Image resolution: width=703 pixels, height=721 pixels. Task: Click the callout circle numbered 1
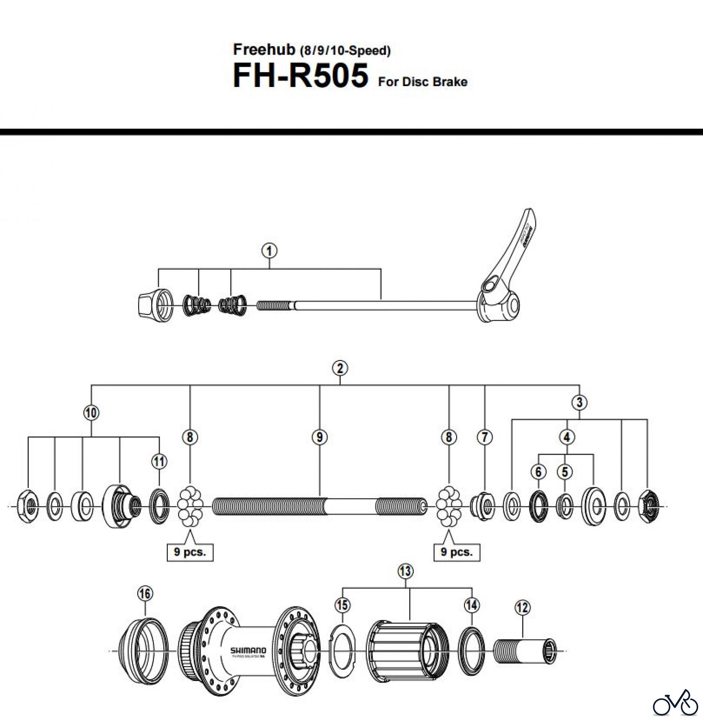[x=269, y=251]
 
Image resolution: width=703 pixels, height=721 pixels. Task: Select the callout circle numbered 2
[x=340, y=368]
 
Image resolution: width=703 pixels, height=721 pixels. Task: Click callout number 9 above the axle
[x=319, y=437]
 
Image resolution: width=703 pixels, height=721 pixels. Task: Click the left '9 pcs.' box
[x=190, y=552]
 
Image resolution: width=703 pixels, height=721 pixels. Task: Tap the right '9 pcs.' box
[x=457, y=552]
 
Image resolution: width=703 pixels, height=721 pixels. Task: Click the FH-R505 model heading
[x=300, y=76]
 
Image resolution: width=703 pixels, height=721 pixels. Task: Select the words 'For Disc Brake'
[x=422, y=82]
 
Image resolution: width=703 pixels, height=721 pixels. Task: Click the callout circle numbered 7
[x=484, y=437]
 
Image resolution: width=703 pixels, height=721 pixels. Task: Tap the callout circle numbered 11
[x=159, y=462]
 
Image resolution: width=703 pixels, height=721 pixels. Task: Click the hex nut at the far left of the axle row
[x=28, y=507]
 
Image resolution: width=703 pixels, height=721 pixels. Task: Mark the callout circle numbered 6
[x=538, y=472]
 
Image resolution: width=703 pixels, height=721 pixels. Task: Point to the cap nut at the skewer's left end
[x=155, y=305]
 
